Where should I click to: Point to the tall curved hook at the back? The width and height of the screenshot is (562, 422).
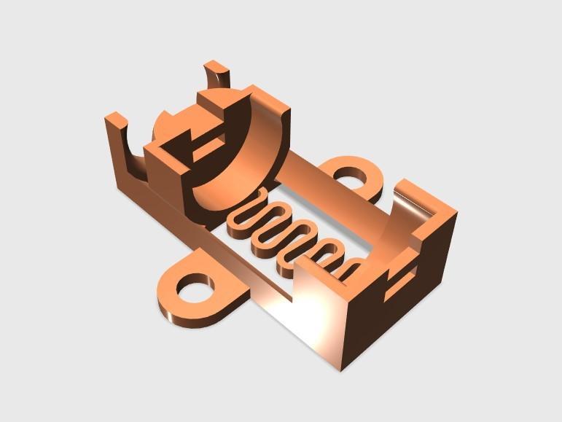216,76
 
